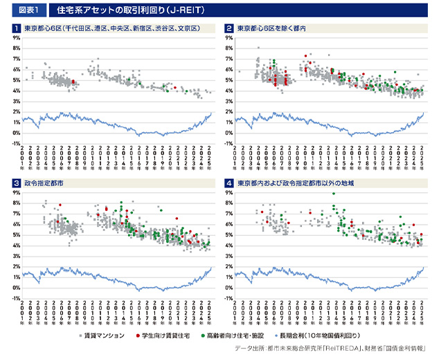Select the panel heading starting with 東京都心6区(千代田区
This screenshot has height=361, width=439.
point(111,28)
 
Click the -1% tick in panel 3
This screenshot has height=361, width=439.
point(15,298)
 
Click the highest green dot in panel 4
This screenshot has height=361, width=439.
point(334,194)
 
